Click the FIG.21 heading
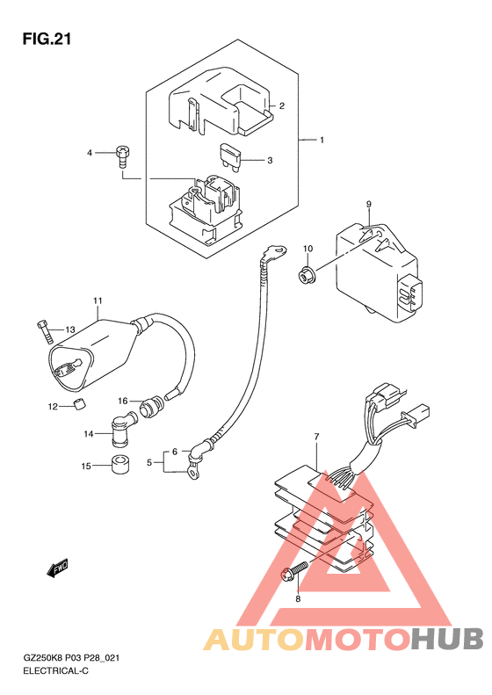click(x=47, y=40)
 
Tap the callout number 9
click(x=369, y=205)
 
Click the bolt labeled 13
click(x=46, y=331)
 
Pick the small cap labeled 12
click(x=79, y=404)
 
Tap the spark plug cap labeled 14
click(x=122, y=429)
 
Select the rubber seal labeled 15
click(x=119, y=464)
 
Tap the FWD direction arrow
click(x=58, y=568)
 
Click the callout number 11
click(x=98, y=300)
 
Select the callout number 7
click(x=316, y=437)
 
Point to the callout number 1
click(x=322, y=140)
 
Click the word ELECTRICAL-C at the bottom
click(x=56, y=670)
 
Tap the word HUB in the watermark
click(x=447, y=639)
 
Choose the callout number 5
click(x=149, y=463)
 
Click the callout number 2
click(x=282, y=106)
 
